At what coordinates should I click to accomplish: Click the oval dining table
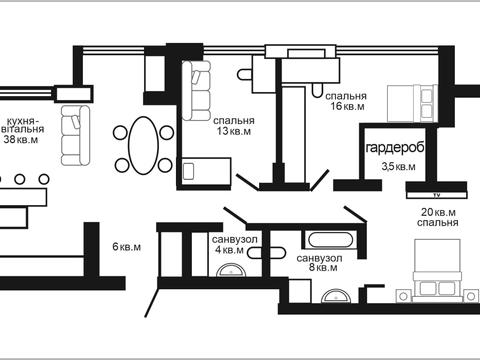(x=143, y=145)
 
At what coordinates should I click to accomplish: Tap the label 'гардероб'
(x=395, y=147)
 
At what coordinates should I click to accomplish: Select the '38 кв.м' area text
(x=21, y=140)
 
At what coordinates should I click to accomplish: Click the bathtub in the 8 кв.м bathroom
(x=330, y=240)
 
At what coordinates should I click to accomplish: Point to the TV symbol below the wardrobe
(x=437, y=195)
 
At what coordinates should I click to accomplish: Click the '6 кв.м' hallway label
(x=127, y=247)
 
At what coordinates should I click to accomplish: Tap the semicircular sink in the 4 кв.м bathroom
(x=231, y=270)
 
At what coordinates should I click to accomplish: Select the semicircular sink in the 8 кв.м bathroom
(x=337, y=296)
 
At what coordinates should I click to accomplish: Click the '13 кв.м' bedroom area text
(x=234, y=131)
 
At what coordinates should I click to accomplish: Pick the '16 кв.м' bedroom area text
(x=347, y=106)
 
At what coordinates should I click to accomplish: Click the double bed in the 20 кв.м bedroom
(x=437, y=271)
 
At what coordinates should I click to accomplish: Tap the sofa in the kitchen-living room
(x=75, y=135)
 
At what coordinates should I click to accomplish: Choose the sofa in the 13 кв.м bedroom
(x=196, y=90)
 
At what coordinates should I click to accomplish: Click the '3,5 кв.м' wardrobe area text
(x=398, y=166)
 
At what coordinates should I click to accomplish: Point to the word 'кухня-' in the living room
(x=23, y=120)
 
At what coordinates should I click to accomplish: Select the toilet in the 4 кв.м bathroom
(x=266, y=253)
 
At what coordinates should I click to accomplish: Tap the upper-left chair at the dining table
(x=120, y=133)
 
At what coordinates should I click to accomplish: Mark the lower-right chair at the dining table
(x=165, y=165)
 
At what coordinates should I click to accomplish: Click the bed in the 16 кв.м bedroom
(x=412, y=103)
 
